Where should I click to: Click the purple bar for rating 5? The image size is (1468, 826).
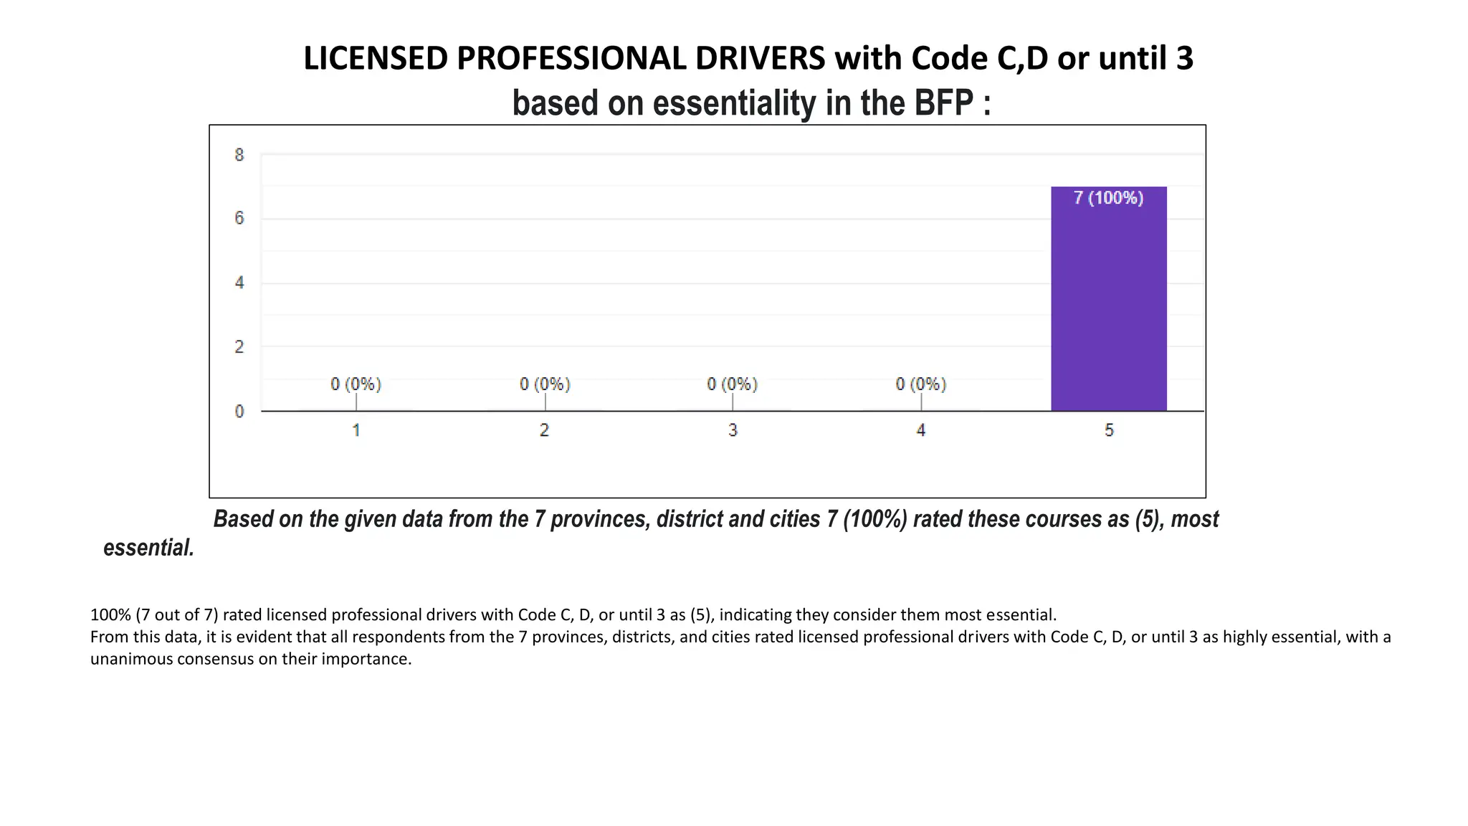click(x=1108, y=308)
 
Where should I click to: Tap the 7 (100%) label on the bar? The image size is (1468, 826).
click(x=1108, y=198)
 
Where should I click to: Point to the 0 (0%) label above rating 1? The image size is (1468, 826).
click(x=356, y=384)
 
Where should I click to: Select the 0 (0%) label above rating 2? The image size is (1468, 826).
click(x=545, y=384)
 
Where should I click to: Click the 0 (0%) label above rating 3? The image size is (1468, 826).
click(x=732, y=384)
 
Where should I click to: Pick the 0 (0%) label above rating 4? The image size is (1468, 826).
click(x=920, y=384)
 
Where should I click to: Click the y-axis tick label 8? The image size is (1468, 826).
click(x=239, y=155)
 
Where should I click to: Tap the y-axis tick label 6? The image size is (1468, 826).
click(x=239, y=218)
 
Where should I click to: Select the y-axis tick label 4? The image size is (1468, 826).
click(x=239, y=283)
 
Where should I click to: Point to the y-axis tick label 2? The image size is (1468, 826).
click(x=239, y=347)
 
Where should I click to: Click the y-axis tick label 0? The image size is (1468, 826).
click(x=239, y=412)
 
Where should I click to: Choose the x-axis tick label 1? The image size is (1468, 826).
click(x=356, y=430)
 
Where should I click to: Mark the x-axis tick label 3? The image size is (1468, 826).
click(x=733, y=430)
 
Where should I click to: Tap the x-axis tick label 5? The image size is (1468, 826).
click(x=1109, y=430)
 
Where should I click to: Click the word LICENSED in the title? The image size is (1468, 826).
click(x=376, y=59)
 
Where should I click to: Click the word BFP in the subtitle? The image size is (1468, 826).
click(x=943, y=103)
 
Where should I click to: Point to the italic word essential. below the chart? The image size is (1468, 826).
click(x=149, y=548)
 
